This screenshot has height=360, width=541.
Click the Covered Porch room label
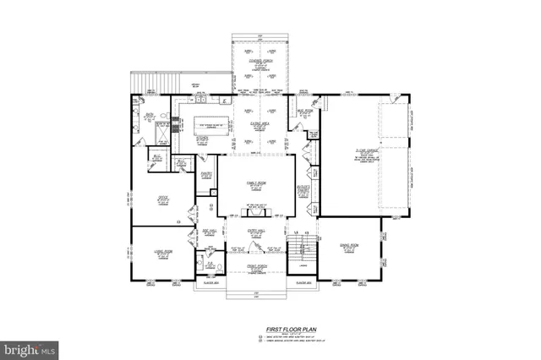[260, 61]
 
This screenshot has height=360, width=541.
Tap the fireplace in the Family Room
[257, 206]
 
